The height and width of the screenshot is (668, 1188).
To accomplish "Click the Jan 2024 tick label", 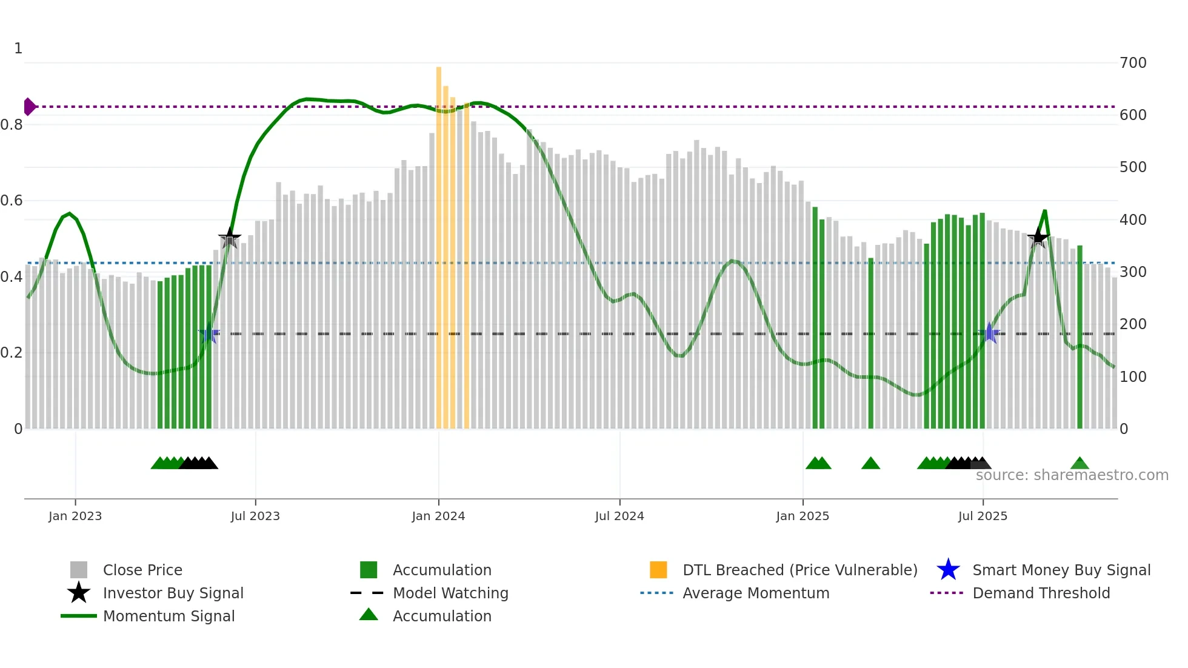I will [438, 516].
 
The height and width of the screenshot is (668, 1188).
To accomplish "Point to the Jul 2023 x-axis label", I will [255, 516].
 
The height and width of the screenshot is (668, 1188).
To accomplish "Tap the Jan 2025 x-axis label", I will [803, 516].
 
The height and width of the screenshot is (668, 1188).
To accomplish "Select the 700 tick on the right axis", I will [1133, 63].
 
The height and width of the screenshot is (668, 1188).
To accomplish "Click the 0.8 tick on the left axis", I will [12, 125].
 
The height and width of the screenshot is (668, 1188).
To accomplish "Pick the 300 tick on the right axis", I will [1133, 272].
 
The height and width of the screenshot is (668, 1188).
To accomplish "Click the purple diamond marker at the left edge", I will [29, 107].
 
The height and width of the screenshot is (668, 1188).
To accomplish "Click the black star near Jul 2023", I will [229, 238].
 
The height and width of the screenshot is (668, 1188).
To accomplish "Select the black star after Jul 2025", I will [1038, 237].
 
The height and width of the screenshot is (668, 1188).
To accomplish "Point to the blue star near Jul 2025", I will [989, 333].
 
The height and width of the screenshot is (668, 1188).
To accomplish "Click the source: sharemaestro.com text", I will [1072, 475].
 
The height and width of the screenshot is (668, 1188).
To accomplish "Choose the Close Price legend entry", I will [142, 570].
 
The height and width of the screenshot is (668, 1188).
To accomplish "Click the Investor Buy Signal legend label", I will [173, 593].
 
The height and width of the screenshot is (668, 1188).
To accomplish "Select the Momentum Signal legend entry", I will [169, 616].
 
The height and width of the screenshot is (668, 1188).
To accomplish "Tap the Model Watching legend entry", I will [450, 593].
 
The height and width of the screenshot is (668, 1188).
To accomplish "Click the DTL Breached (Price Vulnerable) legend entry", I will [799, 570].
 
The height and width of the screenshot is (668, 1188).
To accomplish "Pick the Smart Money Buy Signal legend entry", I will [1061, 570].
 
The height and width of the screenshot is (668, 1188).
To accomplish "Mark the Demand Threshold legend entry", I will [1041, 593].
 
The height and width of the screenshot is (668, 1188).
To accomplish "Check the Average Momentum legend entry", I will [756, 593].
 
